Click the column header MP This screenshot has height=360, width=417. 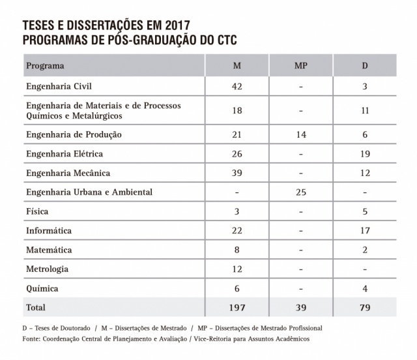click(x=300, y=66)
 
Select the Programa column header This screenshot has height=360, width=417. click(x=45, y=66)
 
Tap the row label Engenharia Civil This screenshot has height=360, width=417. click(x=58, y=86)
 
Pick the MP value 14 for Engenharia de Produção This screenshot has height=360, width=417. click(x=300, y=134)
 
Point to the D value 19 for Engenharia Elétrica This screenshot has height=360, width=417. click(x=365, y=154)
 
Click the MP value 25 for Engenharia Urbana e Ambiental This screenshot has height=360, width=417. click(x=300, y=192)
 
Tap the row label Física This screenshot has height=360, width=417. click(x=36, y=211)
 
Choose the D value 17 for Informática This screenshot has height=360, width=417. click(x=365, y=231)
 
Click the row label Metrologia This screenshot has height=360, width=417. click(x=47, y=269)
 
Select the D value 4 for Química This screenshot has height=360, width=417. click(x=365, y=288)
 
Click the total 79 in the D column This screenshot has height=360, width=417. click(x=365, y=307)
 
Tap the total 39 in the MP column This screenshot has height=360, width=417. click(x=300, y=307)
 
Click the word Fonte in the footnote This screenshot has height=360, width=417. click(x=32, y=339)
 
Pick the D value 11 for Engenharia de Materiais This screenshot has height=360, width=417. click(x=365, y=110)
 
